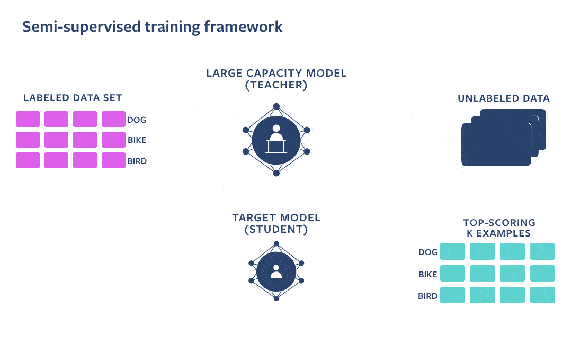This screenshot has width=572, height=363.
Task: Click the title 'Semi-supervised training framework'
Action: point(153,27)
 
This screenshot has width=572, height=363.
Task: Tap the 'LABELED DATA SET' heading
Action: point(73,98)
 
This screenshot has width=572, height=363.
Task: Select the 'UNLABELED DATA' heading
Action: point(503,98)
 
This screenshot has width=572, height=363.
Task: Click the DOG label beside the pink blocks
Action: point(137,120)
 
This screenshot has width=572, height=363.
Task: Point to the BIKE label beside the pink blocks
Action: point(137,141)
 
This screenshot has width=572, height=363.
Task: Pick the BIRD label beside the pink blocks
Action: point(137,161)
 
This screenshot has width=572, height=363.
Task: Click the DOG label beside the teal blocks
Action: point(428,252)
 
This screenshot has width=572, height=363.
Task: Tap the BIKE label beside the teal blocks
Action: point(428,275)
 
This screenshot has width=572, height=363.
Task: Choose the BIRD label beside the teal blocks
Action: point(428,296)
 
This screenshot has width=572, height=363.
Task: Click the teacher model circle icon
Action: point(276,140)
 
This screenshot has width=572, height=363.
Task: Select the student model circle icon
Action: point(276,271)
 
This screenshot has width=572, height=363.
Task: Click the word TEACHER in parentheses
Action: point(276,85)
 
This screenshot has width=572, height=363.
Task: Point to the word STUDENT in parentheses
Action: point(276,230)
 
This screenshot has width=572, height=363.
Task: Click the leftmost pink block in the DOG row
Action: point(28,119)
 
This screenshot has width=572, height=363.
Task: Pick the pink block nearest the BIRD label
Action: point(113,160)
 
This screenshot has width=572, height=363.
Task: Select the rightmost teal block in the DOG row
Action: point(542,251)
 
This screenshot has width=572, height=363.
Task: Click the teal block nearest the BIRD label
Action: point(452,295)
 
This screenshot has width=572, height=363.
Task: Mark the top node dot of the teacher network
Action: point(276,106)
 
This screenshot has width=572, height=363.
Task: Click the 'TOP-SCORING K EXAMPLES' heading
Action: point(499,228)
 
